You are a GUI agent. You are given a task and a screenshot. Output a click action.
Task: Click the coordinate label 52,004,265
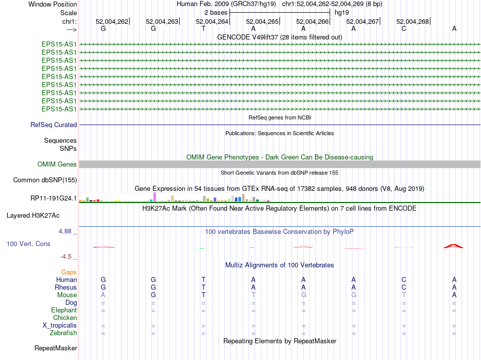[262, 21]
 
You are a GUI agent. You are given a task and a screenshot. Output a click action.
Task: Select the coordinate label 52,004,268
[413, 21]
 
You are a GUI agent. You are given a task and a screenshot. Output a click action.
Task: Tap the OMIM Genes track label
[57, 165]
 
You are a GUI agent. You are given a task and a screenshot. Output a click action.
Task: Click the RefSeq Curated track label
[54, 125]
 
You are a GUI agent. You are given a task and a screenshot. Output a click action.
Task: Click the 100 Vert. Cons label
[28, 244]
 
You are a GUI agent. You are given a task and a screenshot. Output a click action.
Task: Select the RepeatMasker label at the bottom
[56, 348]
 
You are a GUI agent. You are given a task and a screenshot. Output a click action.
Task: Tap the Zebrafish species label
[63, 333]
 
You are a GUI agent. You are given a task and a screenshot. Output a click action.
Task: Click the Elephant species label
[64, 310]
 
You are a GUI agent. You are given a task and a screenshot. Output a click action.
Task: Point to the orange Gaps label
[69, 272]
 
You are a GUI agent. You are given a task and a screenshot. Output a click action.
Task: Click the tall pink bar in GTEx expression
[154, 196]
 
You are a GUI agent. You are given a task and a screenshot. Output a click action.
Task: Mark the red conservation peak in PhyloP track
[454, 246]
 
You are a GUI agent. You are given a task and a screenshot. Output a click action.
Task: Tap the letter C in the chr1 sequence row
[404, 28]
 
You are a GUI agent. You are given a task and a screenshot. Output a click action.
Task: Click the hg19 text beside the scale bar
[342, 12]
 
